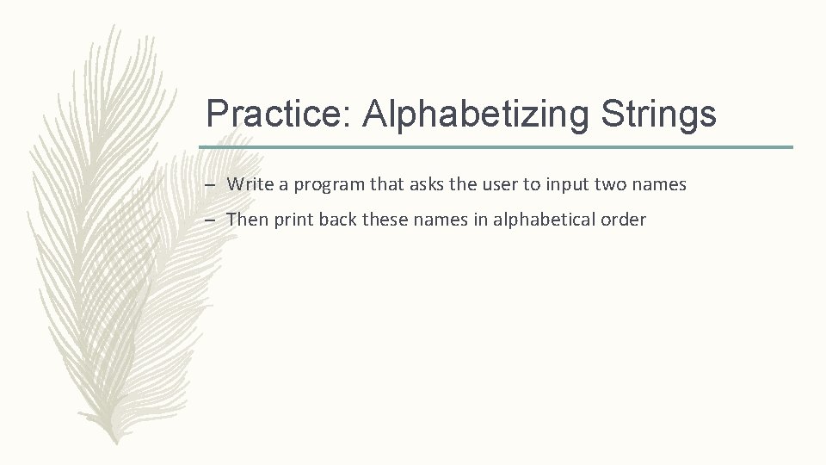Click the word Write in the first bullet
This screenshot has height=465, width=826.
click(248, 184)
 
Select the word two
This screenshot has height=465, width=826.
click(615, 184)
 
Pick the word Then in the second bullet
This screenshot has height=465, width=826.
click(247, 220)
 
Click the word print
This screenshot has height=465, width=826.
click(294, 220)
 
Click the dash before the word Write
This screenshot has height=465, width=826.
click(211, 184)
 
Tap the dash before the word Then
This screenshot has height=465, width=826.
click(211, 220)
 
